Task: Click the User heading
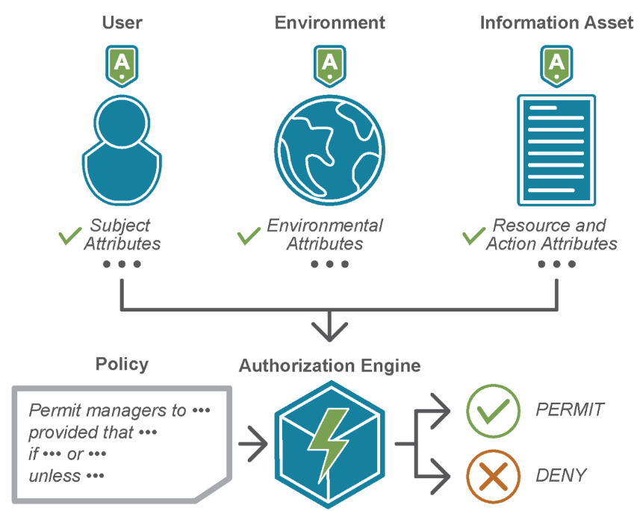tap(122, 22)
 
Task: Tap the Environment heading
tap(330, 22)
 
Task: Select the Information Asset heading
tap(556, 22)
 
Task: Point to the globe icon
tap(329, 149)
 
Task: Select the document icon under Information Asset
tap(556, 149)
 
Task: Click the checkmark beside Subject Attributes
tap(69, 236)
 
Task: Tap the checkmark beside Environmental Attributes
tap(249, 236)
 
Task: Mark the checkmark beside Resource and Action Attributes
tap(473, 236)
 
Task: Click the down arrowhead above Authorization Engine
tap(329, 329)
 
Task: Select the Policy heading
tap(122, 365)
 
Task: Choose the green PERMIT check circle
tap(493, 410)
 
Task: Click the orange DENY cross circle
tap(493, 475)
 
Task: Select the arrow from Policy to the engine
tap(252, 444)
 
